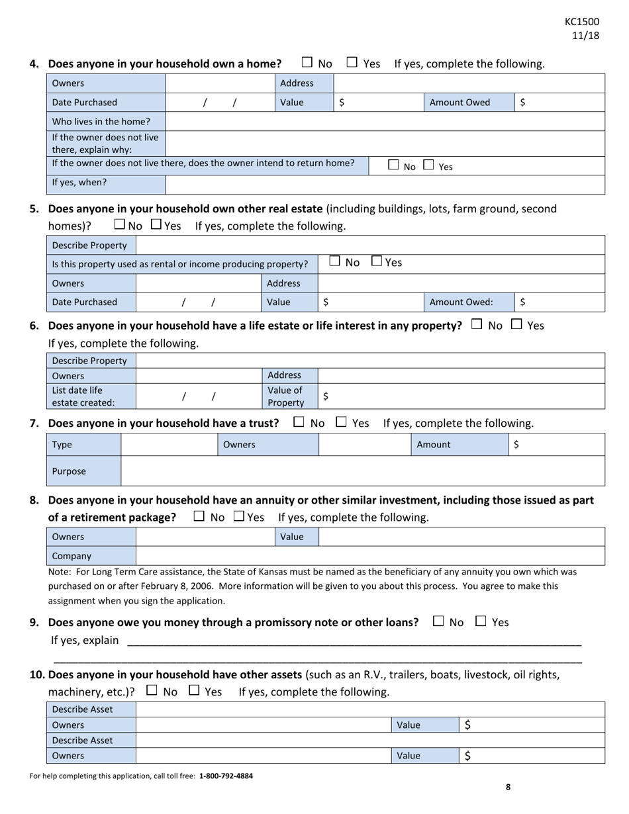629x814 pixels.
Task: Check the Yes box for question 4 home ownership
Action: (x=352, y=63)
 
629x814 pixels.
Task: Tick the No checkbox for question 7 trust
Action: (x=299, y=422)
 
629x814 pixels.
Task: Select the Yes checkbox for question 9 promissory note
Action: (x=481, y=621)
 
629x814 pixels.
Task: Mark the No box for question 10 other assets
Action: (x=152, y=690)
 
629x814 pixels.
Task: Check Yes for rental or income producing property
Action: (x=377, y=261)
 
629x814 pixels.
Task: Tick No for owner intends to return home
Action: (x=393, y=165)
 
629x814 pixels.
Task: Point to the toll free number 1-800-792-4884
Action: (x=226, y=776)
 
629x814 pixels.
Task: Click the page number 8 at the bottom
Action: (x=508, y=787)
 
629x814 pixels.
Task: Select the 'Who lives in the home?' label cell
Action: (x=101, y=122)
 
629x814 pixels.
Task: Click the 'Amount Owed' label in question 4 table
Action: (x=460, y=103)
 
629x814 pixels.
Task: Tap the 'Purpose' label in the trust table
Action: (x=69, y=471)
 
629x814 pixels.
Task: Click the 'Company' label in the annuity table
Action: (x=72, y=556)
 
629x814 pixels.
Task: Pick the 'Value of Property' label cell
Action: (x=285, y=396)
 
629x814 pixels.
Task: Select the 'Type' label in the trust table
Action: (x=62, y=445)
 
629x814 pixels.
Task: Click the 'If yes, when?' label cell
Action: (x=79, y=183)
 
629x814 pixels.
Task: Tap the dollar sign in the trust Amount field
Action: (x=516, y=445)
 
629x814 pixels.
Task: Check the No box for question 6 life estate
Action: (x=476, y=324)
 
